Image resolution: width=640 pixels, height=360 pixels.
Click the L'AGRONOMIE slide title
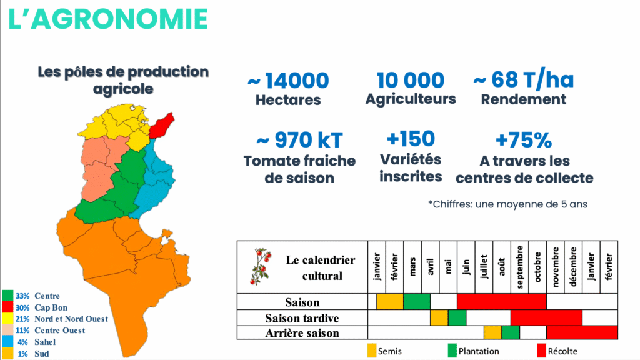pyautogui.click(x=108, y=19)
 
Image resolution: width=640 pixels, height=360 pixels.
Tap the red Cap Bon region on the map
pyautogui.click(x=162, y=125)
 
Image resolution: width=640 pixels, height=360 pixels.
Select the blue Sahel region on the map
pyautogui.click(x=155, y=179)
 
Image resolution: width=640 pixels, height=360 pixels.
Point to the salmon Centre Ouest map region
pyautogui.click(x=99, y=167)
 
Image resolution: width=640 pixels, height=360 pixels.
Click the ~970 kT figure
pyautogui.click(x=299, y=140)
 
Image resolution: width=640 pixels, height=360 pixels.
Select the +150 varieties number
pyautogui.click(x=411, y=139)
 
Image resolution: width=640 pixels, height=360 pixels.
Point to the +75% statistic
pyautogui.click(x=524, y=140)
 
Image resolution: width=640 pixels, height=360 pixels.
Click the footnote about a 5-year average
pyautogui.click(x=507, y=204)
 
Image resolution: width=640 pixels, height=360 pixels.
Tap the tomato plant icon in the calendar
pyautogui.click(x=261, y=266)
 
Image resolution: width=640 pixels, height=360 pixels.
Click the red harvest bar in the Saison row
pyautogui.click(x=502, y=302)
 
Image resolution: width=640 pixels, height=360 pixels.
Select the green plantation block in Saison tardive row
pyautogui.click(x=457, y=317)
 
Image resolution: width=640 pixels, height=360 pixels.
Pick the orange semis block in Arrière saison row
pyautogui.click(x=492, y=332)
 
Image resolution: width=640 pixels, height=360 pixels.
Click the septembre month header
pyautogui.click(x=519, y=267)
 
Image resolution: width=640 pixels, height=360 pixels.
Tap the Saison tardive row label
pyautogui.click(x=302, y=318)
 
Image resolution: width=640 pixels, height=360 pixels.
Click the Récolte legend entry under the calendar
pyautogui.click(x=557, y=351)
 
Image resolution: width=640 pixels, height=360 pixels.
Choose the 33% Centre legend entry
pyautogui.click(x=31, y=296)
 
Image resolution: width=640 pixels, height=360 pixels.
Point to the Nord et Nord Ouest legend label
pyautogui.click(x=71, y=319)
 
